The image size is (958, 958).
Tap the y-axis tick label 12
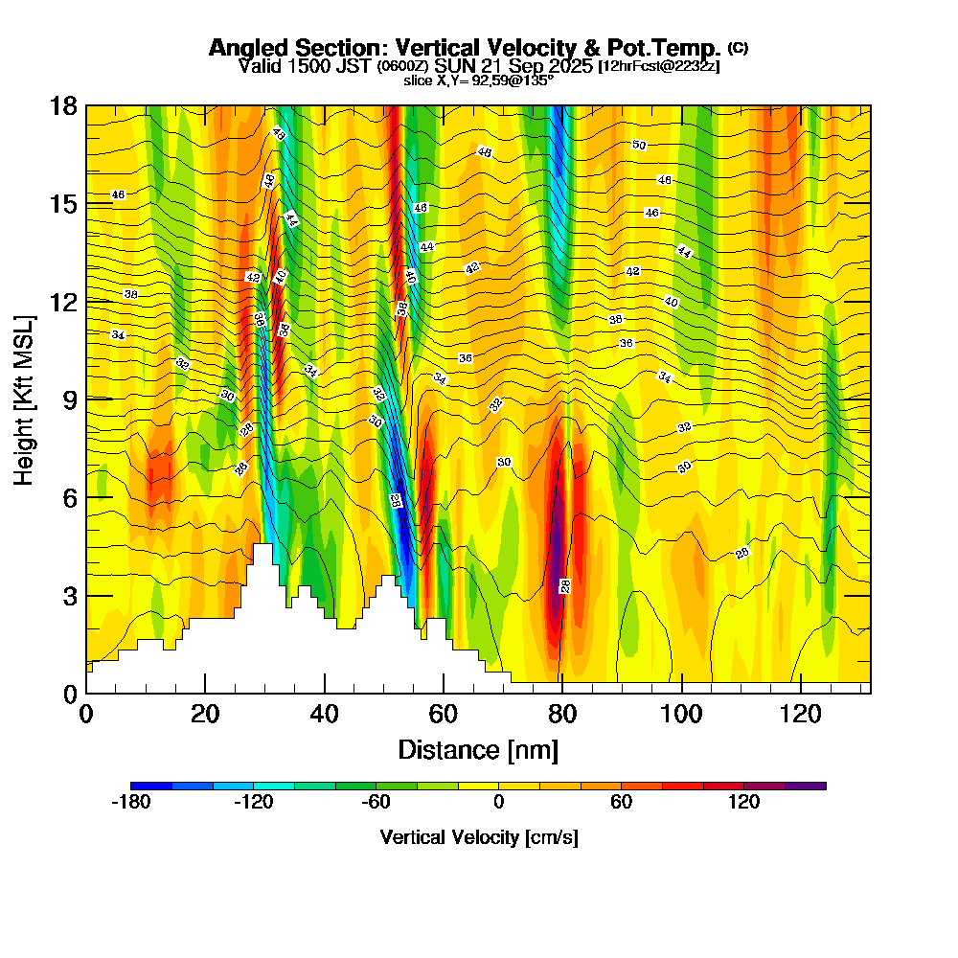(63, 302)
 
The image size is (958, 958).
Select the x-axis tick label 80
(561, 714)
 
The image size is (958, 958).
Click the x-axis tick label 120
(800, 714)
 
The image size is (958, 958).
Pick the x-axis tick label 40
(324, 714)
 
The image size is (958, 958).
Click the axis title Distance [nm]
(478, 749)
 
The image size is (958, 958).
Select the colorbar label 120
(743, 803)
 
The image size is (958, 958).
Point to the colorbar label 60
(621, 803)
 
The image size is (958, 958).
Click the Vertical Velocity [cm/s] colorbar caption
(478, 837)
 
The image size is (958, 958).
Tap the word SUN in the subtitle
(450, 67)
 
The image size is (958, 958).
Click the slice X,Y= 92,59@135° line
(478, 81)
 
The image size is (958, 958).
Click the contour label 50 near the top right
(639, 146)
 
